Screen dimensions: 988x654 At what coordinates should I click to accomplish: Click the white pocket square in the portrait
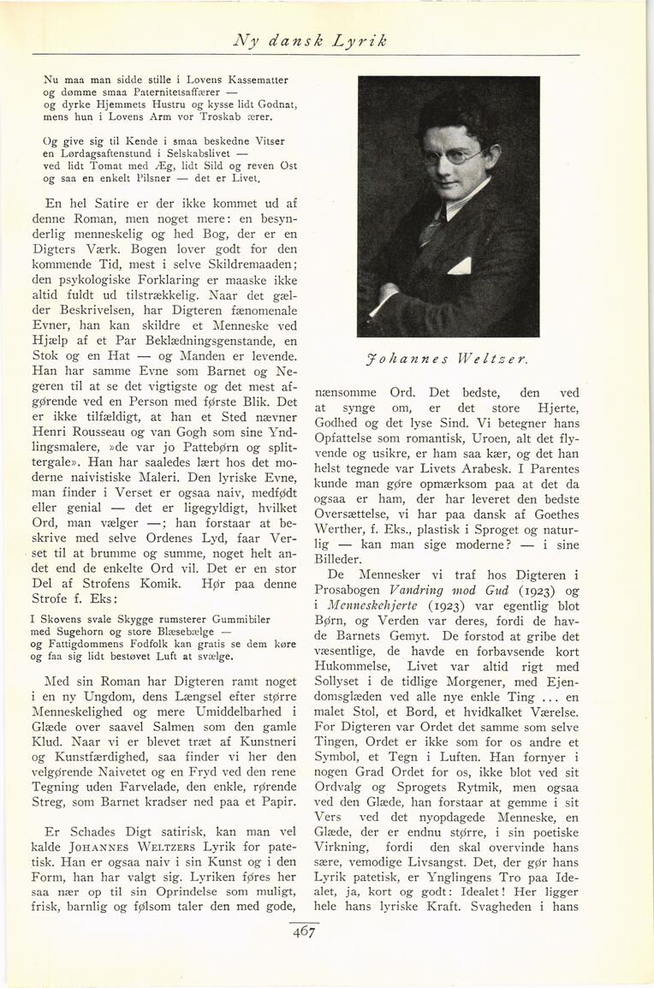pos(460,266)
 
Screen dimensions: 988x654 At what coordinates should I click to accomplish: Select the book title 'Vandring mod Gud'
pos(439,590)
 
